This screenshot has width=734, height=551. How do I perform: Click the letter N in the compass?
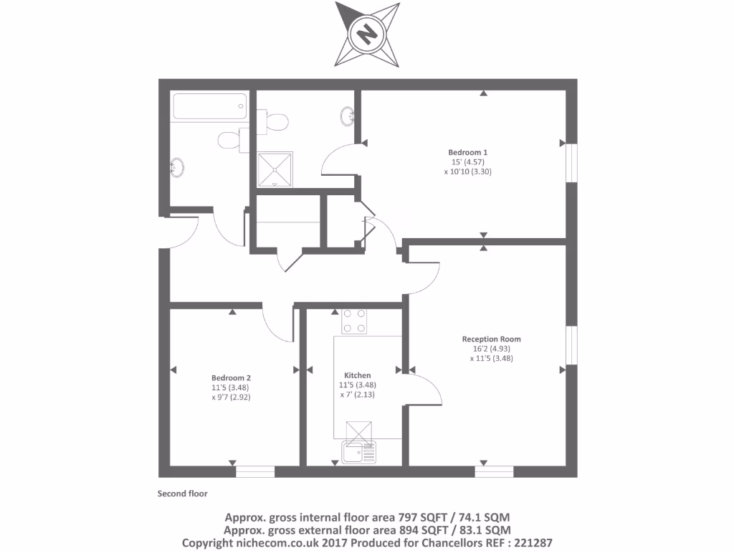click(x=368, y=33)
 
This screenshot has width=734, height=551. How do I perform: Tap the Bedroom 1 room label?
click(x=467, y=152)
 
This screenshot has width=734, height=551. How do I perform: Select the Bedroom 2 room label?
click(x=231, y=377)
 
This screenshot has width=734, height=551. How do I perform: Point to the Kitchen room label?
click(x=357, y=375)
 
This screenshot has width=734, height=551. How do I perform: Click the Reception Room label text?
click(x=491, y=339)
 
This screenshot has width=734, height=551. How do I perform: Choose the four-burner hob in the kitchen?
click(x=354, y=321)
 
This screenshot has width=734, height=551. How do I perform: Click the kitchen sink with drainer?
click(x=358, y=453)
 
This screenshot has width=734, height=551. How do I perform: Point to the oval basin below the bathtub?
click(x=176, y=168)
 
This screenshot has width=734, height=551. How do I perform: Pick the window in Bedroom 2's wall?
click(x=255, y=471)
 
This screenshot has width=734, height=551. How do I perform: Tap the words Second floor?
click(x=182, y=494)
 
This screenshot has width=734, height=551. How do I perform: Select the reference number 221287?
click(x=528, y=543)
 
